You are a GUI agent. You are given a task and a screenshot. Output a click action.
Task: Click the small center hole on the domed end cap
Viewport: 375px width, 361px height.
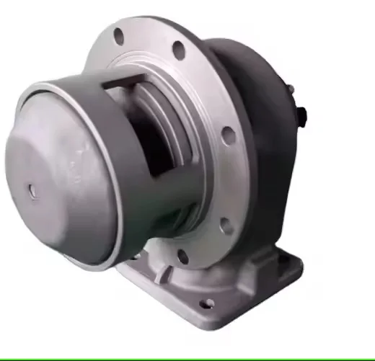32,190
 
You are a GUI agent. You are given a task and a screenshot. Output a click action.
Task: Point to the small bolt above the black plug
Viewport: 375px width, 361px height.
291,91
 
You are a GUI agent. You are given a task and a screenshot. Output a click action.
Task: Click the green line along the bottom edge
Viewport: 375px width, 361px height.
187,358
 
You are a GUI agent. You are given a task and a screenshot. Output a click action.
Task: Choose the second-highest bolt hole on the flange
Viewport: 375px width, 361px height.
177,49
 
